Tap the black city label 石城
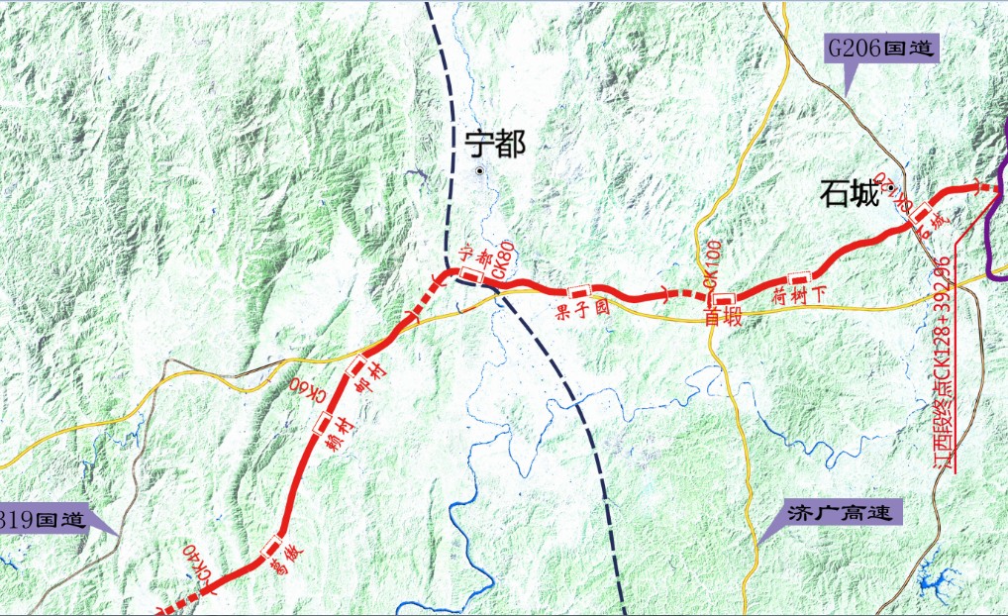click(850, 194)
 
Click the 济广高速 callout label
click(841, 514)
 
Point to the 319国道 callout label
click(44, 519)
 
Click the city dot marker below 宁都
click(480, 171)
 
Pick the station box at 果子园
click(578, 291)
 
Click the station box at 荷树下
click(798, 277)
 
